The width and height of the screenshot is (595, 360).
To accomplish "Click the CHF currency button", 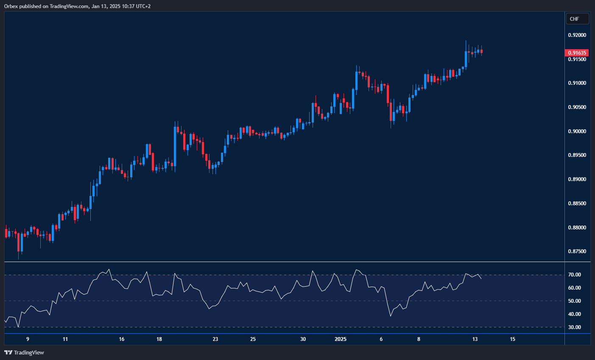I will coord(577,19).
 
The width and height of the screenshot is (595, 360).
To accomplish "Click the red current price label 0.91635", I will coord(577,53).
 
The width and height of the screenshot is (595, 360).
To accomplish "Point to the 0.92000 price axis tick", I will coord(577,35).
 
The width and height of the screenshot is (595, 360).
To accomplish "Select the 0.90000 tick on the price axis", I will coord(577,131).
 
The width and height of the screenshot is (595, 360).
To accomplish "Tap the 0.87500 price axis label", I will coord(577,252).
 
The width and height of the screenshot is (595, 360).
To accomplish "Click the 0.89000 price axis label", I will coord(577,180).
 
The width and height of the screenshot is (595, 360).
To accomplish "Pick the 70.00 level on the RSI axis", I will coord(575,275).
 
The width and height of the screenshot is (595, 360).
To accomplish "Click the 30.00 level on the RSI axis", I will coord(575,327).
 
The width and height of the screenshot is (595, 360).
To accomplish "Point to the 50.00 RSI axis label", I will coord(575,301).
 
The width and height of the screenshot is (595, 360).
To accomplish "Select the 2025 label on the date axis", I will coord(341,339).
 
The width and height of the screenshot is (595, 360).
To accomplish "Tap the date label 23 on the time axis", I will coord(215,339).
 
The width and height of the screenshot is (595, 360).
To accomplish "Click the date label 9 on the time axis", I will coord(28,339).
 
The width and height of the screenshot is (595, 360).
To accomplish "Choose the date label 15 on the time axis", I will coord(512,339).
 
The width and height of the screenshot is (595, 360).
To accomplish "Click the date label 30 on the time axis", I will coord(303,339).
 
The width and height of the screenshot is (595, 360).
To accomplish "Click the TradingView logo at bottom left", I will coord(24,352).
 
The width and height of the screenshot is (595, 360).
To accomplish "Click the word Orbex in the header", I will coord(11,6).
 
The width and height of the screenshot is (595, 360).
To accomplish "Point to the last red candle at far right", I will coord(481,51).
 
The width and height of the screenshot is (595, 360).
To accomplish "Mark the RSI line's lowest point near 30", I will coord(18,327).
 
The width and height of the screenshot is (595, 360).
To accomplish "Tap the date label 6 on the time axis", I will coord(381,339).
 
